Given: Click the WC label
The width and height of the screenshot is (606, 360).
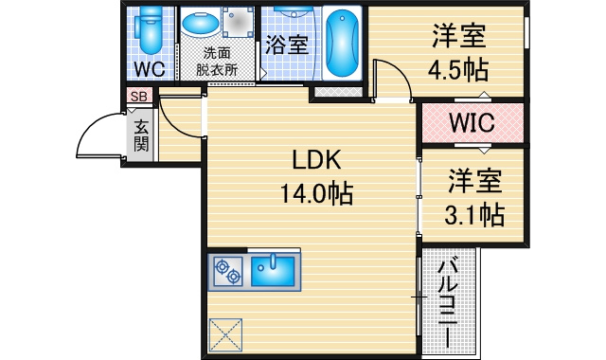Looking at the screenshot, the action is (150, 69).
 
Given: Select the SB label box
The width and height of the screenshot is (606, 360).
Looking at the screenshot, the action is (139, 96).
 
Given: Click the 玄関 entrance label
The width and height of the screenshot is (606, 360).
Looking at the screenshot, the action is (141, 135).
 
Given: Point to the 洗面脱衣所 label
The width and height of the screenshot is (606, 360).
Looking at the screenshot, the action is (217, 62).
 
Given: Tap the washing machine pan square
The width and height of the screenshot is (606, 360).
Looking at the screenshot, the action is (237, 23).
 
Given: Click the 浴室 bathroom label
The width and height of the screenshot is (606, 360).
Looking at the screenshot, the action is (287, 45).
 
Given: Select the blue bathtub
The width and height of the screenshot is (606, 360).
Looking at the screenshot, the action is (342, 43).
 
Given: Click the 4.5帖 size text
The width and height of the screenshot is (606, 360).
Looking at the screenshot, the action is (458, 69).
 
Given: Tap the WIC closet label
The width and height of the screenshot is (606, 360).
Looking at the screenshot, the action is (472, 122).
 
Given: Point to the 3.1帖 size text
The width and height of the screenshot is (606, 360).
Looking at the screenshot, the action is (474, 215).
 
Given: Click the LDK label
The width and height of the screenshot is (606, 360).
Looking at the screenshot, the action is (316, 160).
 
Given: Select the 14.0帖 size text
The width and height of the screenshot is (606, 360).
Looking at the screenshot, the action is (316, 193).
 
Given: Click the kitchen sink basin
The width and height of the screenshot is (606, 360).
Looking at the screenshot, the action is (273, 271).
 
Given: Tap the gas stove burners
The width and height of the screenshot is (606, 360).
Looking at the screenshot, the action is (228, 272).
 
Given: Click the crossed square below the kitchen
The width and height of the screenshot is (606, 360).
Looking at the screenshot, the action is (225, 334).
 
